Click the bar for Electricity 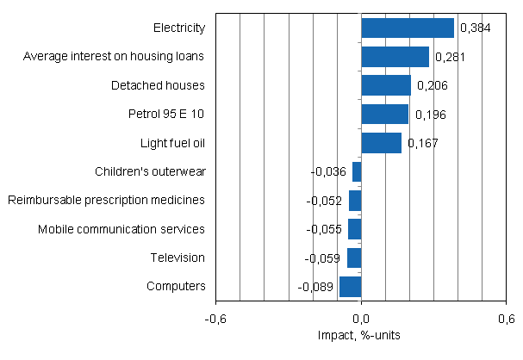(408, 28)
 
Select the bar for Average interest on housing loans (395, 57)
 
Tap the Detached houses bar (386, 85)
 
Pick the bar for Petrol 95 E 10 (384, 114)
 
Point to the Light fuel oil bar (381, 142)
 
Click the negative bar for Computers (351, 286)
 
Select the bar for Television (354, 258)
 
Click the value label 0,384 (476, 28)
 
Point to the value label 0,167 (422, 143)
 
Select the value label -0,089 (315, 287)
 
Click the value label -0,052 (324, 201)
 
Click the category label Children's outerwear (150, 171)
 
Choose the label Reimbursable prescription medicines (106, 200)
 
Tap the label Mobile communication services (121, 229)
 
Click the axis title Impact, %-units (361, 334)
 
